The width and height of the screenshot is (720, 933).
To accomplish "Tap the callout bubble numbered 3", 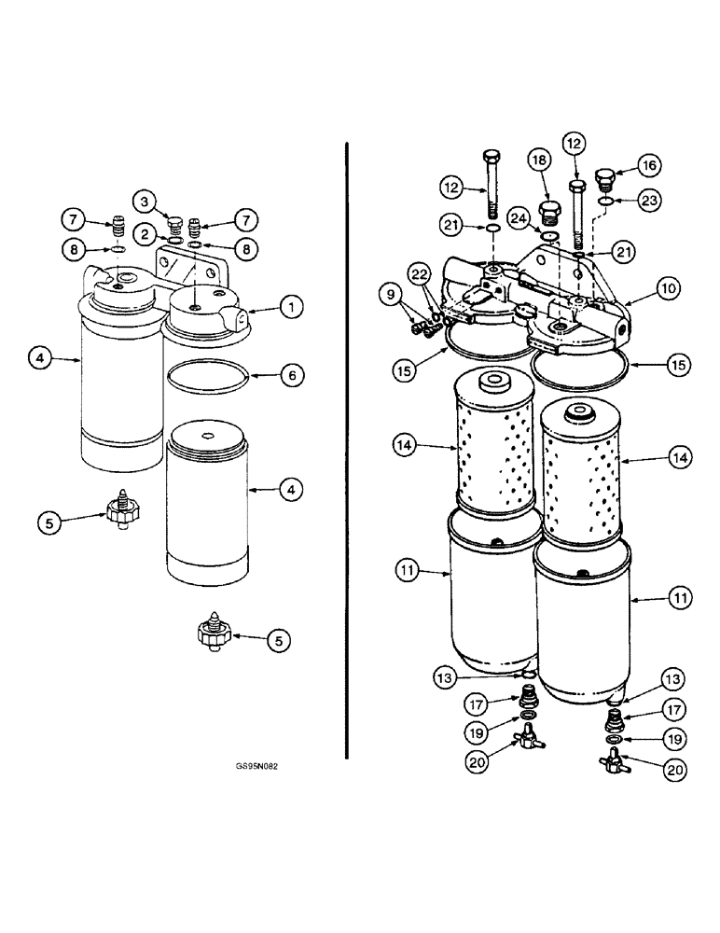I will click(x=144, y=200).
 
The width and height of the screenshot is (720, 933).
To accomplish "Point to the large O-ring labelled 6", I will click(x=209, y=378).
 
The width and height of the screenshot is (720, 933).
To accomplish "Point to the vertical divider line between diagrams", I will click(x=347, y=448).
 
